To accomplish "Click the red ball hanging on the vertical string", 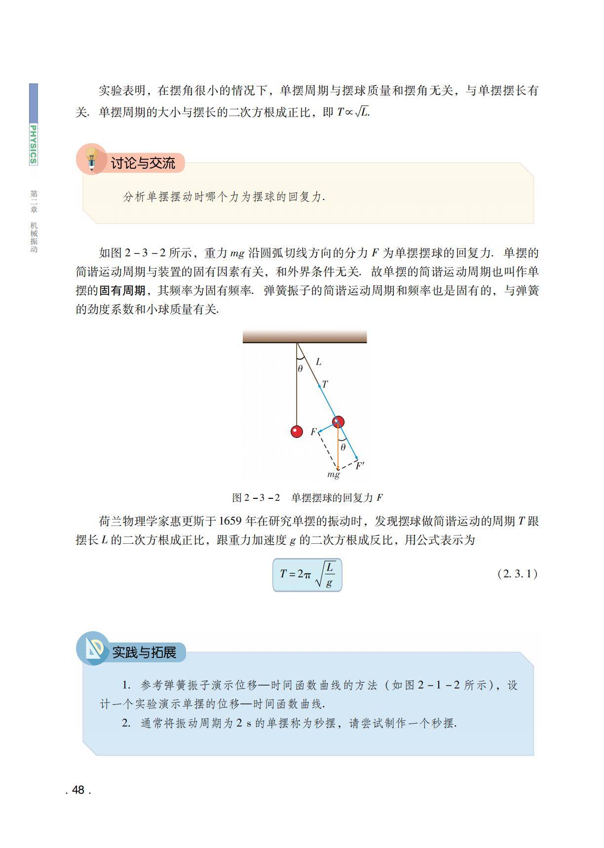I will pyautogui.click(x=297, y=431).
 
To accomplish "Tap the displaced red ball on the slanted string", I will pyautogui.click(x=338, y=422).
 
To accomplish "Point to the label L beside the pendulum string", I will pyautogui.click(x=318, y=362).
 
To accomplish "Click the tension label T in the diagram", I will pyautogui.click(x=325, y=384).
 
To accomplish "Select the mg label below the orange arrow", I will pyautogui.click(x=334, y=475).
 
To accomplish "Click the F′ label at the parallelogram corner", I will pyautogui.click(x=360, y=465).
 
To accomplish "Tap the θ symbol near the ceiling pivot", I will pyautogui.click(x=300, y=368).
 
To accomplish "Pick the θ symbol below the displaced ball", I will pyautogui.click(x=343, y=447).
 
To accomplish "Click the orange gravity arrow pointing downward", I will pyautogui.click(x=338, y=449).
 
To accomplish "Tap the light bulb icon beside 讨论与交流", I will pyautogui.click(x=91, y=159).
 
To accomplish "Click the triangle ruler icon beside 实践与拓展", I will pyautogui.click(x=92, y=649).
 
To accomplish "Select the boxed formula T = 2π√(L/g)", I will pyautogui.click(x=307, y=575).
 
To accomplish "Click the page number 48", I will pyautogui.click(x=78, y=790).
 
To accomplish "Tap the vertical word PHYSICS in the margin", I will pyautogui.click(x=33, y=144).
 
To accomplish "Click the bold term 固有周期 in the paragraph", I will pyautogui.click(x=122, y=290).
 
